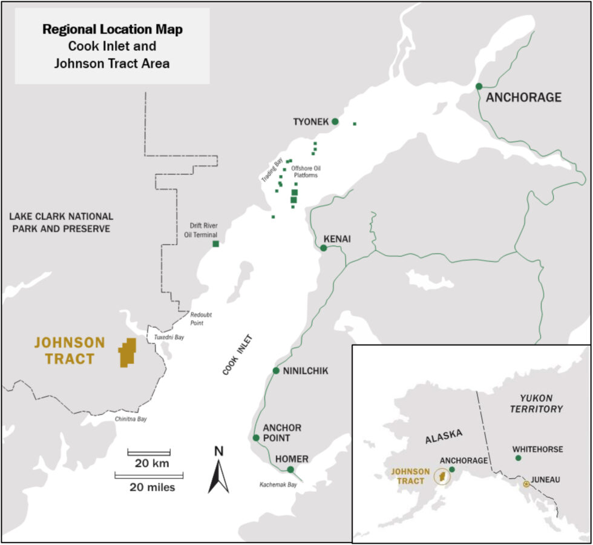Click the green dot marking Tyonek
[335, 122]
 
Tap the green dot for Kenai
[324, 248]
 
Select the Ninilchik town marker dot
[276, 371]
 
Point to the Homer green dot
[290, 469]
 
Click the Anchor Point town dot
[256, 438]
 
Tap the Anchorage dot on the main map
[479, 87]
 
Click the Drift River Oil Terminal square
[215, 244]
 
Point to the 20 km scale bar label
[148, 464]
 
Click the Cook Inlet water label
[237, 354]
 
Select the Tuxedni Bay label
[169, 337]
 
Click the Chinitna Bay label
[130, 418]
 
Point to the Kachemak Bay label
[278, 484]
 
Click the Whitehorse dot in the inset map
[518, 458]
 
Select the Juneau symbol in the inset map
[526, 484]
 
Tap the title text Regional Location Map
[111, 28]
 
